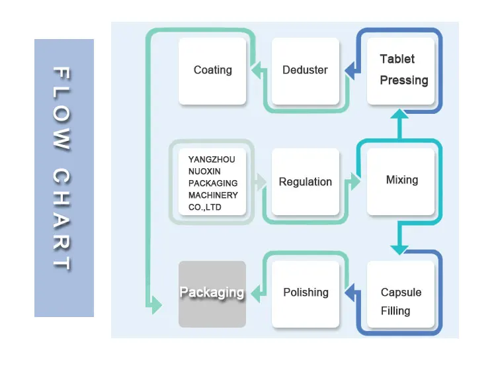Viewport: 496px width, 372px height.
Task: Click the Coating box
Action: (x=212, y=71)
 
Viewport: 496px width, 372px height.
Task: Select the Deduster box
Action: (x=305, y=71)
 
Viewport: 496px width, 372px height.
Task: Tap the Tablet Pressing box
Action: (x=401, y=71)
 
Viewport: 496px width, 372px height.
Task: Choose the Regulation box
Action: (x=305, y=181)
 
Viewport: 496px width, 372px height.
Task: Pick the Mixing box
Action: (x=401, y=180)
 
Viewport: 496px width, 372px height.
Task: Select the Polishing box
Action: (x=305, y=293)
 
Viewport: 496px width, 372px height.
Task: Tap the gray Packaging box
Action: (x=212, y=293)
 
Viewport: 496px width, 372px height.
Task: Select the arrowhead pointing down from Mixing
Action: (x=399, y=248)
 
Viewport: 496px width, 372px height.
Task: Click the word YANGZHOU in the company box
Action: (x=211, y=160)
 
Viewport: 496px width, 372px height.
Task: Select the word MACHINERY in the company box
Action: (x=213, y=195)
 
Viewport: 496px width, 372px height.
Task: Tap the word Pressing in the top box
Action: (x=403, y=81)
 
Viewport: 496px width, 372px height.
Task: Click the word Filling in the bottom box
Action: (x=395, y=310)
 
